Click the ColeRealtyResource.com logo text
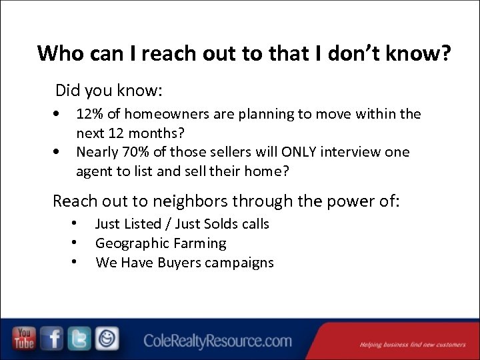(217, 341)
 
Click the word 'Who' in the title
(58, 53)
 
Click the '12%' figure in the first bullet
(89, 114)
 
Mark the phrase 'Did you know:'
(109, 89)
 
